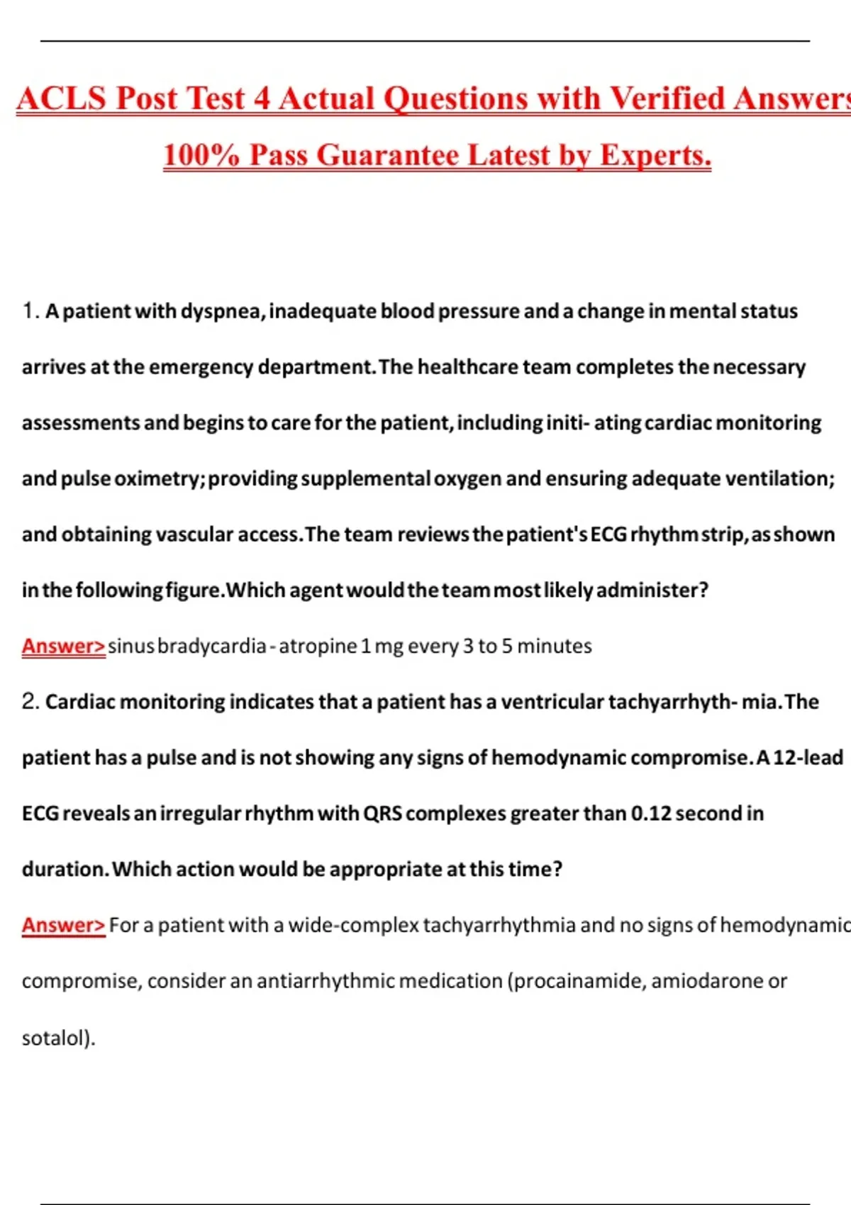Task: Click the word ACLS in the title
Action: (62, 99)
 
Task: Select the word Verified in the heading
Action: (667, 99)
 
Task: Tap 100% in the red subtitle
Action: (201, 155)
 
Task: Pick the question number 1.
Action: (29, 310)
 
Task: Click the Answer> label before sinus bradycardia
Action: (63, 646)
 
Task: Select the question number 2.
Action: (30, 702)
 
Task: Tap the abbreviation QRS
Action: (382, 814)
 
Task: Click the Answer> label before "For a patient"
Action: (63, 926)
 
